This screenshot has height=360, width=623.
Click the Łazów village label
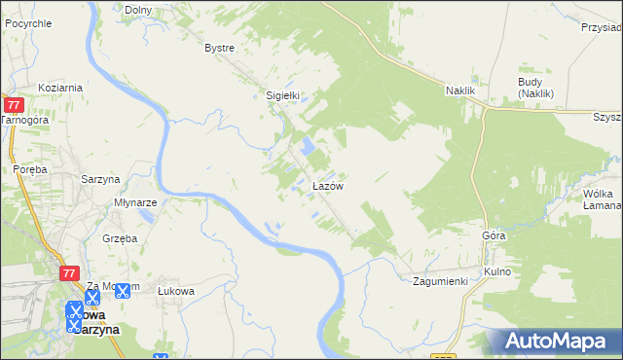coord(326,185)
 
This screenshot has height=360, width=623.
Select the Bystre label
coord(220,47)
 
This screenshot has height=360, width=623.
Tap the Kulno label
coord(497,270)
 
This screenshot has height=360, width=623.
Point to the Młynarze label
coord(135,203)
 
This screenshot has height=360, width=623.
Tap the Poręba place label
coord(31,168)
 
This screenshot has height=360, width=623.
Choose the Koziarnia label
coord(60,88)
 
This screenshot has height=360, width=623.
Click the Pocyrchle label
coord(27,22)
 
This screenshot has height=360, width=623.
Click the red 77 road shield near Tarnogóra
coord(14,104)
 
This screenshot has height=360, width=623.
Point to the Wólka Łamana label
coord(602,199)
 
